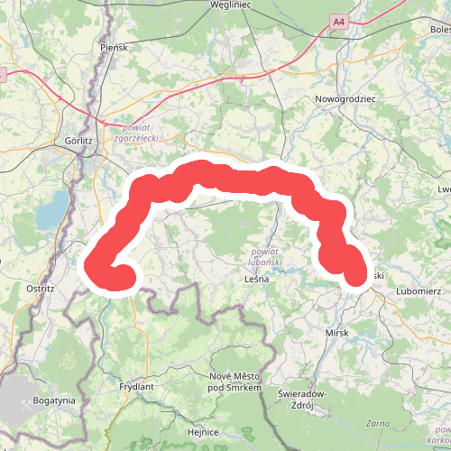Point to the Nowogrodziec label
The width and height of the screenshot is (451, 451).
[345, 97]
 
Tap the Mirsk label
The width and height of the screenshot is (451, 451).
[336, 333]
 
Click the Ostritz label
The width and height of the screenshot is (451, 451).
[41, 289]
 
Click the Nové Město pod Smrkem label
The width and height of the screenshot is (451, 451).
[235, 382]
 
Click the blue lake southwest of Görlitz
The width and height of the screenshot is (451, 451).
[53, 209]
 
